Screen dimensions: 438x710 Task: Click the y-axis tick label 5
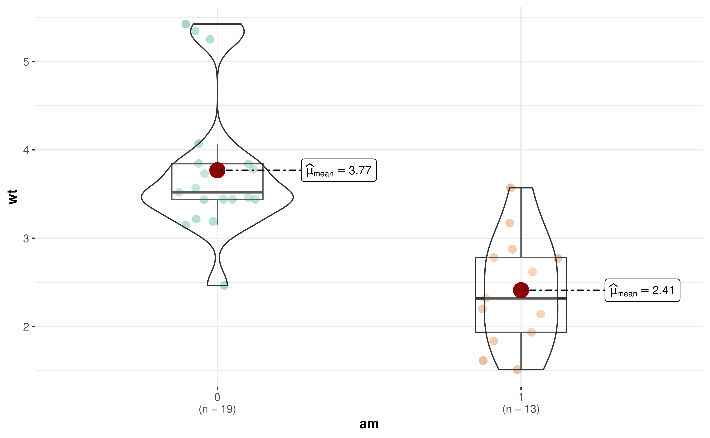pyautogui.click(x=26, y=62)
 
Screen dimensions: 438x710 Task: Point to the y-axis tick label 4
pyautogui.click(x=26, y=150)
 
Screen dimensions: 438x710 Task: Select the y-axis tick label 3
pyautogui.click(x=26, y=238)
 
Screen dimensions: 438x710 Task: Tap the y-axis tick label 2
pyautogui.click(x=26, y=327)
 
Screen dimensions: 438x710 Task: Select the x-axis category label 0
pyautogui.click(x=217, y=397)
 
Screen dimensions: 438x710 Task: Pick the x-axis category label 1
pyautogui.click(x=521, y=397)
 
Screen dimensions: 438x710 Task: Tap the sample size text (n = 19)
pyautogui.click(x=217, y=409)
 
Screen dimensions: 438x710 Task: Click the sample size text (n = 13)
pyautogui.click(x=521, y=409)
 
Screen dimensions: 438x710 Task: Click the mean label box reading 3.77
pyautogui.click(x=339, y=170)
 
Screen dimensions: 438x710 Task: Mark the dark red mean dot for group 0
pyautogui.click(x=217, y=170)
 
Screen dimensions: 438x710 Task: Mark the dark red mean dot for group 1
pyautogui.click(x=521, y=290)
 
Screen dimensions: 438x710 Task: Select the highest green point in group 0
pyautogui.click(x=186, y=24)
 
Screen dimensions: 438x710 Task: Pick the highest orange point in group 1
pyautogui.click(x=510, y=188)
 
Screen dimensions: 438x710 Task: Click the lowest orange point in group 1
pyautogui.click(x=517, y=369)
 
